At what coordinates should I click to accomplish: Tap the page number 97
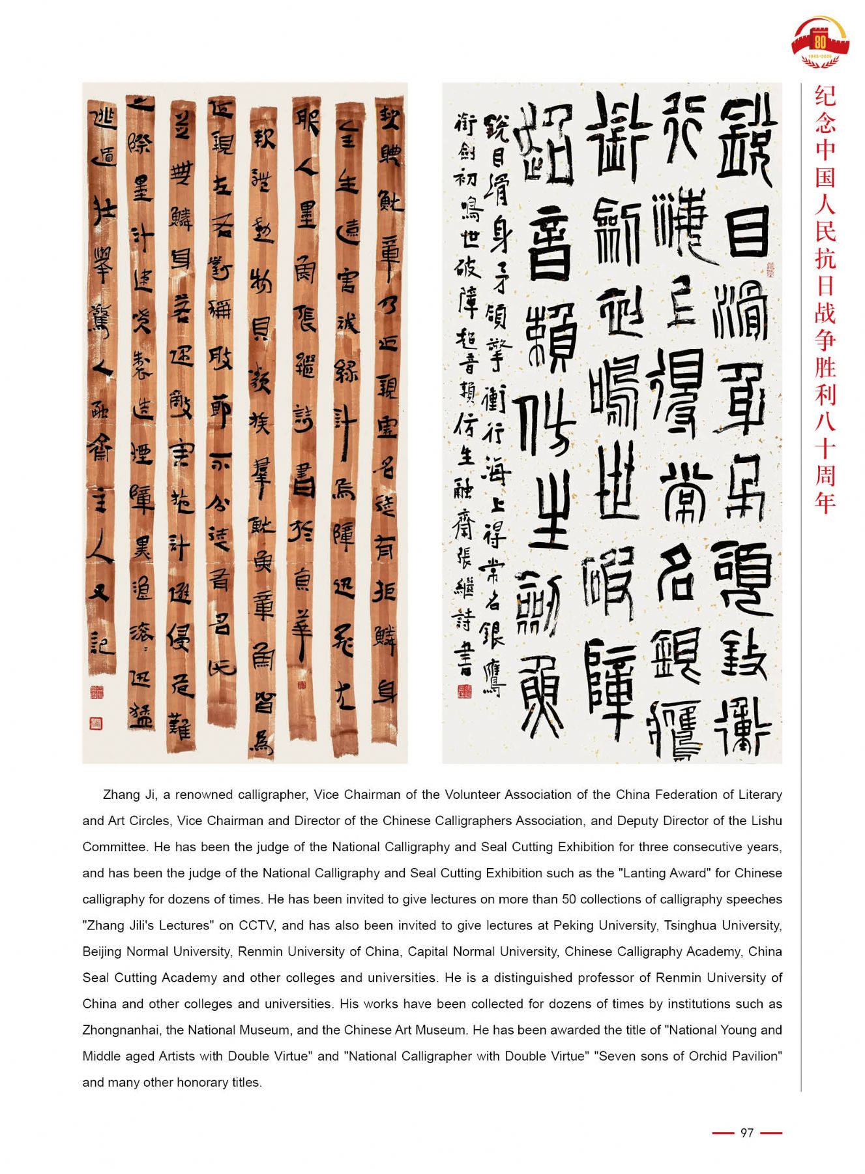[x=746, y=1133]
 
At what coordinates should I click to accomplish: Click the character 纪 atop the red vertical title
[x=825, y=96]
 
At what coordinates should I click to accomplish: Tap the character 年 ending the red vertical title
[x=825, y=502]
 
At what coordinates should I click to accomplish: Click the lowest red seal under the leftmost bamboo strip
[x=95, y=723]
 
